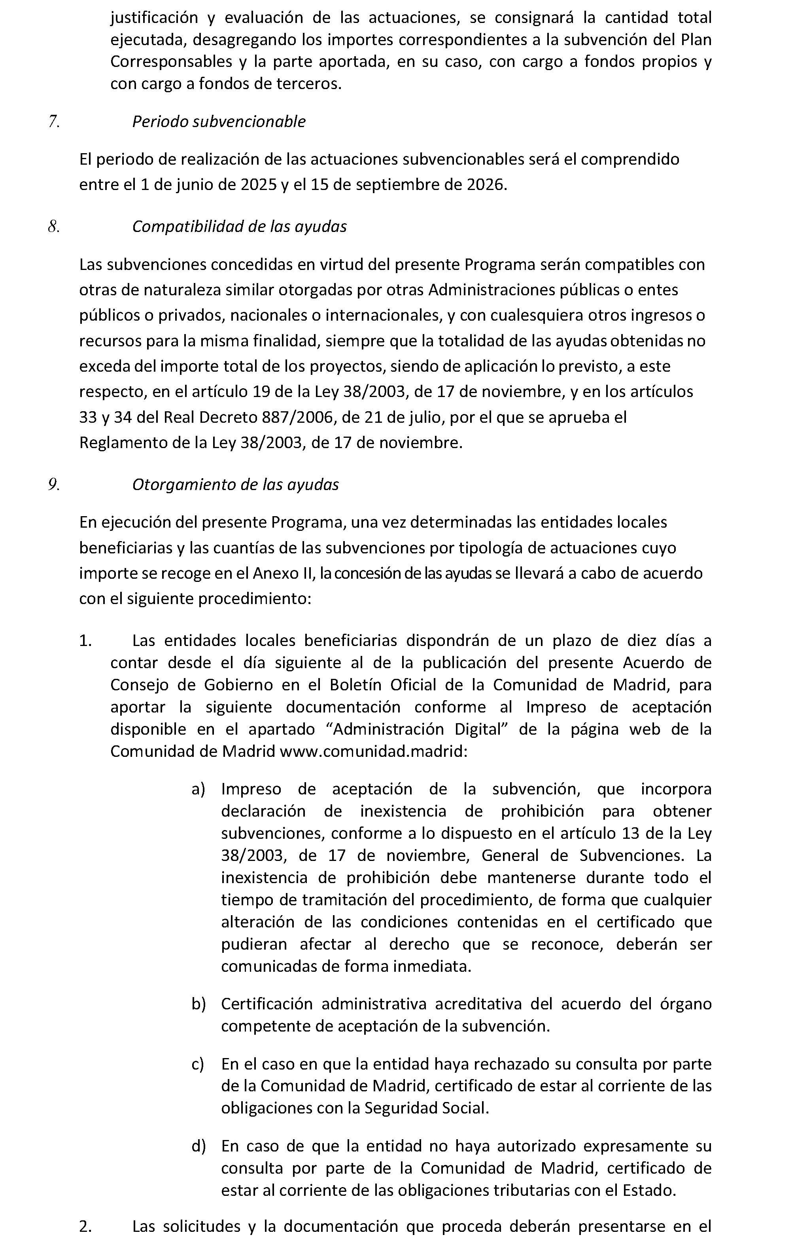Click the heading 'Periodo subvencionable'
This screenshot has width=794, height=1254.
click(x=219, y=122)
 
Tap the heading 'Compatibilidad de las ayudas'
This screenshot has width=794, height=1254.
click(x=239, y=226)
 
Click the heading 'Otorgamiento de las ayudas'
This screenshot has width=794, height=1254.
click(x=235, y=484)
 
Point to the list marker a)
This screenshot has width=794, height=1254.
click(x=198, y=789)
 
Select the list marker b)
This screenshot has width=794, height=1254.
click(x=198, y=1003)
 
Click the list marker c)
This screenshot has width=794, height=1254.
click(x=198, y=1064)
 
